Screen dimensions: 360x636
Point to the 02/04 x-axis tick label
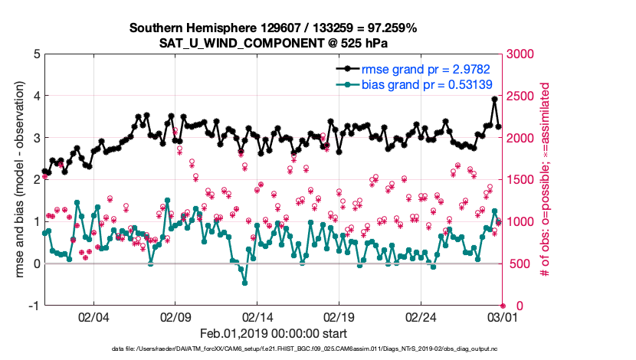pos(93,316)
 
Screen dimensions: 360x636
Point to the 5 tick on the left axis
pos(35,54)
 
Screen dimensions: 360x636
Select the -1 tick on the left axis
pos(33,306)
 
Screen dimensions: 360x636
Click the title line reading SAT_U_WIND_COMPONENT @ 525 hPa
pos(274,42)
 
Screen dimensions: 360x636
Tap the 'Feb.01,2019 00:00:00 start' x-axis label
pos(274,333)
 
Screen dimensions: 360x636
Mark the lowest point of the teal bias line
pos(244,283)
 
